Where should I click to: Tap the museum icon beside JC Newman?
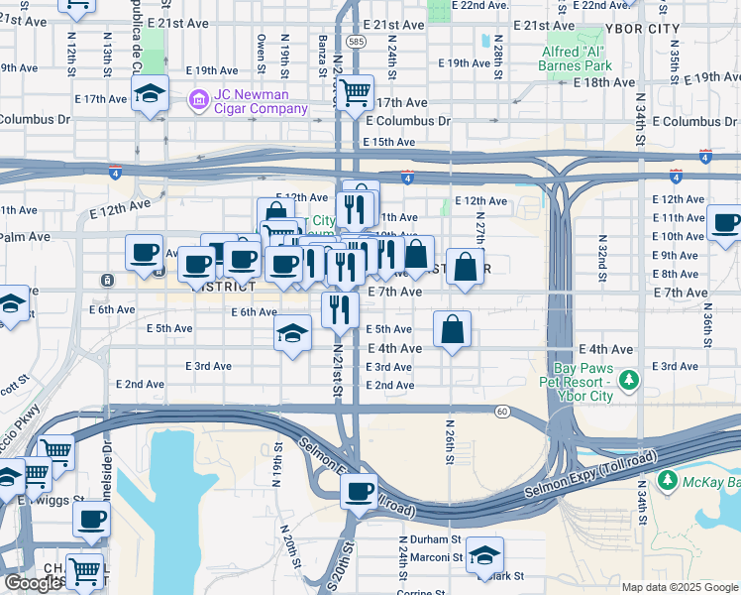(x=198, y=98)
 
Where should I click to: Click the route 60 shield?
(x=503, y=411)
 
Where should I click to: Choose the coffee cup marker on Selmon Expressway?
(x=359, y=490)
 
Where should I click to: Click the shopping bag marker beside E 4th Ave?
(x=452, y=330)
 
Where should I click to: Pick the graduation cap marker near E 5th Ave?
(x=292, y=333)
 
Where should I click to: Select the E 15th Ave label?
(x=389, y=142)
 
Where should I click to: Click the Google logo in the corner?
(x=33, y=583)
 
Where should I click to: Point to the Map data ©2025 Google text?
(x=681, y=587)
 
